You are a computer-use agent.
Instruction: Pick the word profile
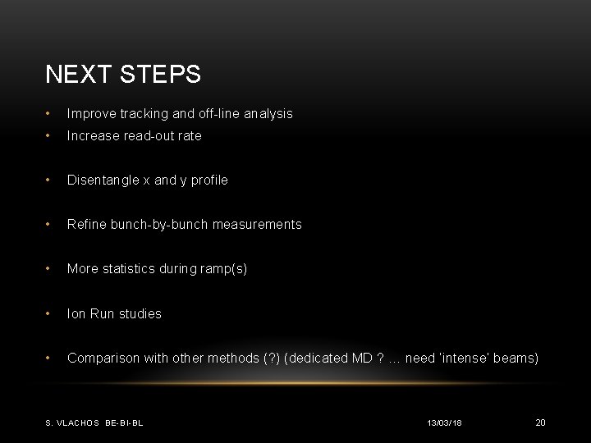click(208, 180)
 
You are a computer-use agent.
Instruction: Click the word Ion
click(75, 313)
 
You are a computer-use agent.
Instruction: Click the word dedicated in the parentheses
click(316, 359)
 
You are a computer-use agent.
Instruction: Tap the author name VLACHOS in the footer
click(80, 422)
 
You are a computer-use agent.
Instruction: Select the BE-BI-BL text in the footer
click(125, 422)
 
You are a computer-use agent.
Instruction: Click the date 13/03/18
click(444, 422)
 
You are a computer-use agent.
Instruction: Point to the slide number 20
click(540, 422)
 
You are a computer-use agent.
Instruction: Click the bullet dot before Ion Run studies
click(52, 313)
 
